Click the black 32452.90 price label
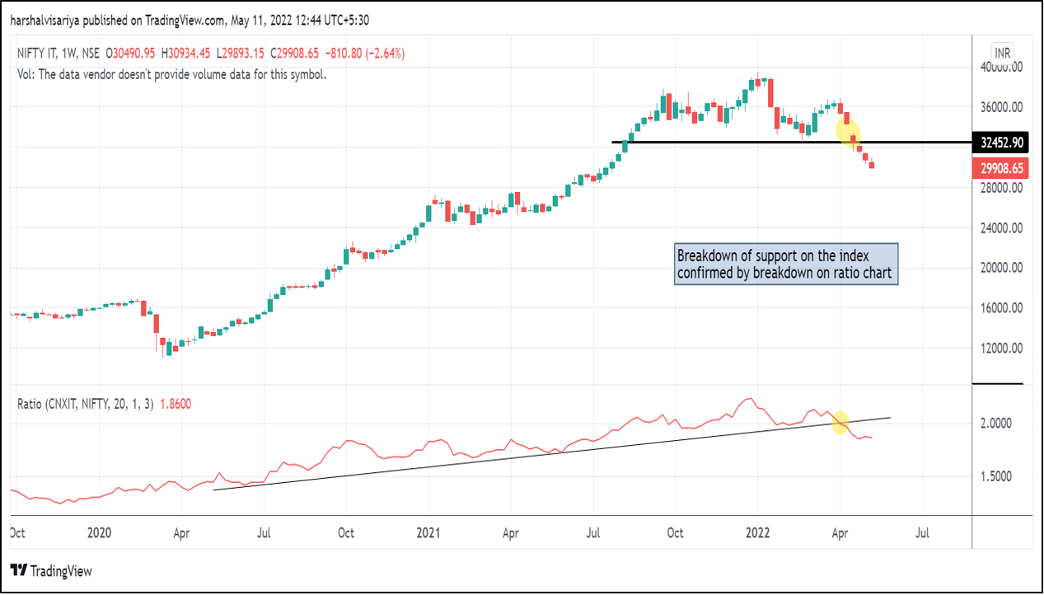coord(1001,143)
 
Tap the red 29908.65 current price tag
coord(1001,168)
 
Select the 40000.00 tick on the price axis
coord(1000,68)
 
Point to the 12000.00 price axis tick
coord(1000,348)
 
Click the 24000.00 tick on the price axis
coord(1000,227)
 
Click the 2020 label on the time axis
coord(99,532)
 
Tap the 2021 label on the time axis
coord(428,532)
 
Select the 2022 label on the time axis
coord(757,532)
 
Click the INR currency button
coord(1002,53)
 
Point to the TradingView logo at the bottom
coord(51,570)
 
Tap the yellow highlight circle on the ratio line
coord(840,423)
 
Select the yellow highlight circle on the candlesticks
coord(848,131)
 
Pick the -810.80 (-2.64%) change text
coord(363,54)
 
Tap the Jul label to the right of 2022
coord(922,532)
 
